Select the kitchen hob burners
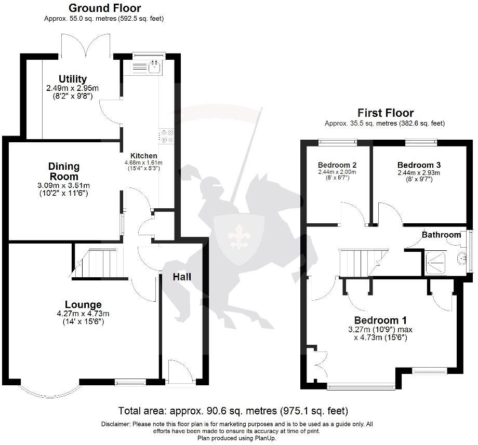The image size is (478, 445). pos(167,136)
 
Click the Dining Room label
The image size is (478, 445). pos(64,171)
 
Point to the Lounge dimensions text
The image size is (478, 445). pos(83,317)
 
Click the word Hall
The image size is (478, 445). pos(182,277)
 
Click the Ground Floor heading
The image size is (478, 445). pos(104,8)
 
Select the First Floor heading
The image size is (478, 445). pos(385,113)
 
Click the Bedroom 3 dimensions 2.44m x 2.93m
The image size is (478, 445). pos(418,173)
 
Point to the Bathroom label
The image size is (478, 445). pos(441,235)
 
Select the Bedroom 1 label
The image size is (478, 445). pos(380,320)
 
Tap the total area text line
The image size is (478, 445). pos(233,411)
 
